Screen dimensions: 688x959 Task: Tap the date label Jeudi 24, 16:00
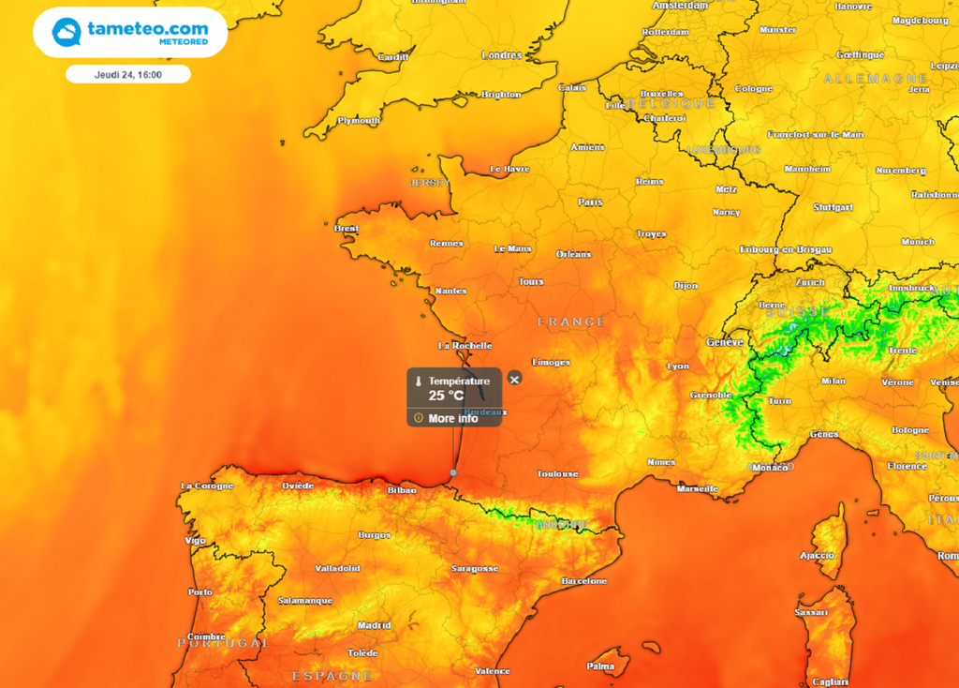pos(128,74)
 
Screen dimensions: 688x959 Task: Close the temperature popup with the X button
pos(514,379)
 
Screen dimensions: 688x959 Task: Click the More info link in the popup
pos(453,418)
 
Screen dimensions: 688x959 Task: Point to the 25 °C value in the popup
pos(447,396)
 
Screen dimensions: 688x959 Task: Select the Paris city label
pos(590,202)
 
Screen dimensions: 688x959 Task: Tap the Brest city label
pos(347,228)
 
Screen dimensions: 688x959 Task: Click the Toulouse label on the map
pos(557,473)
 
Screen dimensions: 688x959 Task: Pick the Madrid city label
pos(374,625)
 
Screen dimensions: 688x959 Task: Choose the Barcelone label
pos(583,580)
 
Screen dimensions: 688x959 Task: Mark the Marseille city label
pos(697,488)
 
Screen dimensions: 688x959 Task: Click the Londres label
pos(501,55)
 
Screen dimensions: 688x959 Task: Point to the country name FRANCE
pos(571,322)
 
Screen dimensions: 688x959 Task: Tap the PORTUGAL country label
pos(223,643)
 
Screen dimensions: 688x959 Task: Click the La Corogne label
pos(206,486)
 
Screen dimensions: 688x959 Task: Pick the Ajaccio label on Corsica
pos(817,555)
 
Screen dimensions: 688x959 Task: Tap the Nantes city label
pos(450,291)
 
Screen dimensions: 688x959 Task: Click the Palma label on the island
pos(600,666)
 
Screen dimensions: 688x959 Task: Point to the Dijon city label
pos(686,285)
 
